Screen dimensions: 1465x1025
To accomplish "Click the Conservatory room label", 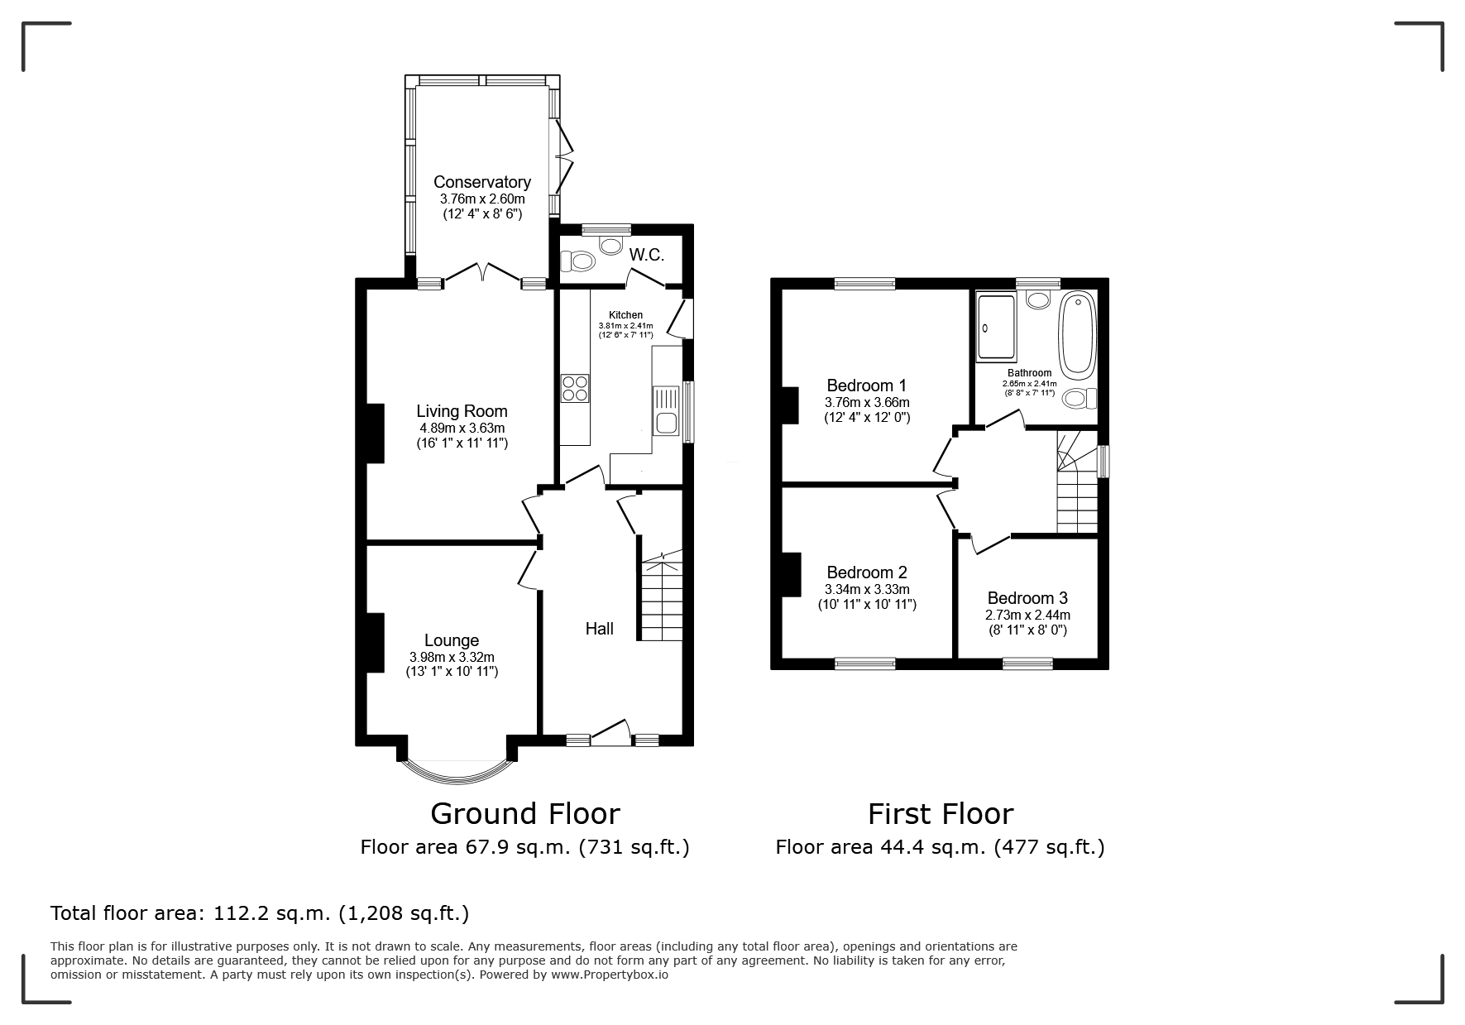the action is coord(482,182).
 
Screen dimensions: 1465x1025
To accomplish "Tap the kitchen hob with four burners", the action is coord(575,388).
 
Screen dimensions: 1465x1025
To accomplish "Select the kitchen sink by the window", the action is coord(666,411).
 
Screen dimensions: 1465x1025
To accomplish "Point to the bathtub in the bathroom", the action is coord(1077,333).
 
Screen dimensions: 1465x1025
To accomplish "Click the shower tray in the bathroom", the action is coord(996,328).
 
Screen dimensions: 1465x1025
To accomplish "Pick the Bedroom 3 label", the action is coord(1027,598).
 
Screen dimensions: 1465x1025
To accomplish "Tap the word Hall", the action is coord(600,629).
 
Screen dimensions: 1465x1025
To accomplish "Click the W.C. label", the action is coord(647,255).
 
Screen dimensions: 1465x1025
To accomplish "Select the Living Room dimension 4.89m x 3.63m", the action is coord(462,429).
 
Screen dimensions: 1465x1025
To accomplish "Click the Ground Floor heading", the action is coord(525,814).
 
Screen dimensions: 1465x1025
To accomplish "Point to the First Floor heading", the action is coord(941,814).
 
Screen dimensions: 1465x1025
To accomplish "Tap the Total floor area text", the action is coord(260,913).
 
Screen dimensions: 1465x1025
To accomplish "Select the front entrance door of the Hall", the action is coord(610,730).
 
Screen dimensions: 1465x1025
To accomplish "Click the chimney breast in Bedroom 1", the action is coord(791,405).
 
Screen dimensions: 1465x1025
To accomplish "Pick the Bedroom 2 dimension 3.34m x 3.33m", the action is coord(867,590).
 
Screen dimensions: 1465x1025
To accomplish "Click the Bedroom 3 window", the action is coord(1028,663).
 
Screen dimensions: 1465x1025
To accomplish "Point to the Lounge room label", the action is coord(452,640).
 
